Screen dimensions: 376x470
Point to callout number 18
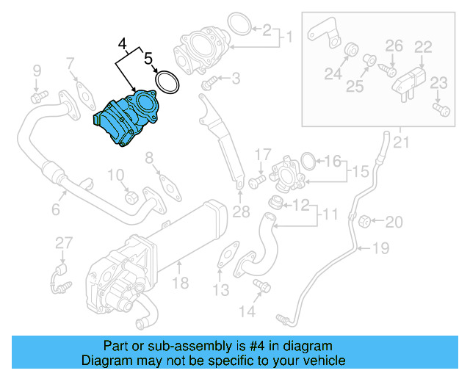[181, 282]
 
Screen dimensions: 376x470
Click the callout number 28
[242, 213]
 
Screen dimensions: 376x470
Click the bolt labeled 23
[441, 109]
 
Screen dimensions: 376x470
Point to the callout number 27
[64, 243]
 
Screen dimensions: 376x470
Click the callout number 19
[380, 248]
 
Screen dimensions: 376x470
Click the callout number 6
[55, 209]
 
